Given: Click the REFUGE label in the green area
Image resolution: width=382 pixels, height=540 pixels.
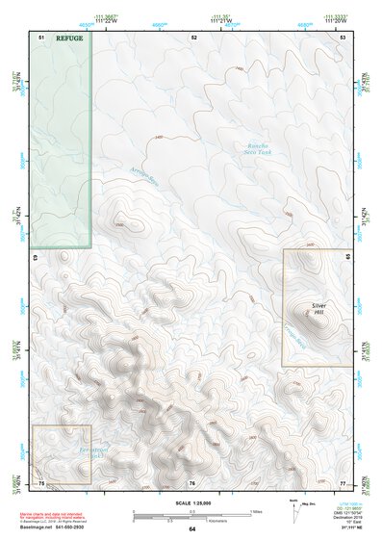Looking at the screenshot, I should [x=69, y=39].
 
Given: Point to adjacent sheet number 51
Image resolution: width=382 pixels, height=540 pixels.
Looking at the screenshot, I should [x=41, y=36].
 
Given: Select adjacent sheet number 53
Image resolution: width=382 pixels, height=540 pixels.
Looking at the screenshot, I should [x=343, y=36].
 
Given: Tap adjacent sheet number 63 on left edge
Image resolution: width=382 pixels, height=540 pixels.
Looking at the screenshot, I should [x=36, y=258].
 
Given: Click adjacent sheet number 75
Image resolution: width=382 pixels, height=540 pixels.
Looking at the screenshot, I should [x=41, y=481].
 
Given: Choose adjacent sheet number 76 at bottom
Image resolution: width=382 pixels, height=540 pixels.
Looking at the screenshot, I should [x=192, y=482].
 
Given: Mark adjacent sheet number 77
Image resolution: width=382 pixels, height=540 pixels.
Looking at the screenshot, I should [x=343, y=481].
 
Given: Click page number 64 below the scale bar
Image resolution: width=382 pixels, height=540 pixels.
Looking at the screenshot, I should [x=191, y=529].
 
